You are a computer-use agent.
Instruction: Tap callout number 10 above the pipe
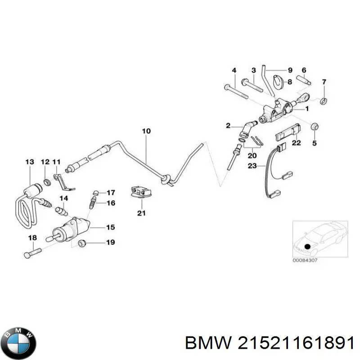click(x=146, y=131)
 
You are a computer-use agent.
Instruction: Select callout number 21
click(x=141, y=213)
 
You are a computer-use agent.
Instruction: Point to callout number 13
click(x=30, y=162)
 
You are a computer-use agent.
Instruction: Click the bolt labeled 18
click(x=32, y=251)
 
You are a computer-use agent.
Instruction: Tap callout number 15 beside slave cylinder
click(x=110, y=227)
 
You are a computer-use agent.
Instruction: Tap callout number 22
click(x=296, y=143)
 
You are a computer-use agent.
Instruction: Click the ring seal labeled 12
click(x=45, y=182)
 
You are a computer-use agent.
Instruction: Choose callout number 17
click(x=111, y=192)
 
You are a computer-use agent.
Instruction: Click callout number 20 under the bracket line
click(x=252, y=155)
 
